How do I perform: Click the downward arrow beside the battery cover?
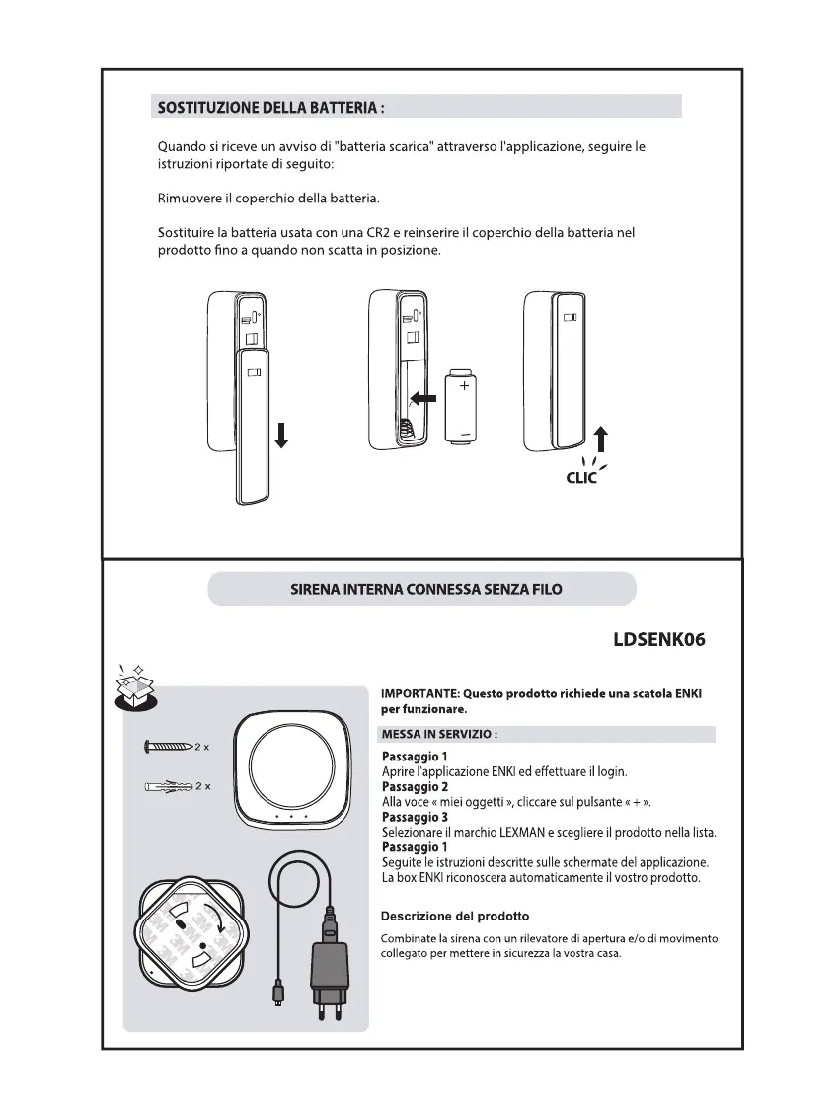click(281, 434)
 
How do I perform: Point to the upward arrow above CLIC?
click(601, 440)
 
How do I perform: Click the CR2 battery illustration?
click(463, 406)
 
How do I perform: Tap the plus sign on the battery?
click(464, 385)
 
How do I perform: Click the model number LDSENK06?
click(659, 639)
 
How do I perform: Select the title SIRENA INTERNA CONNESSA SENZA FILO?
click(425, 590)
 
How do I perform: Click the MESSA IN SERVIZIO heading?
click(439, 735)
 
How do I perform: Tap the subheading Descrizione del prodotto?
click(455, 916)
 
